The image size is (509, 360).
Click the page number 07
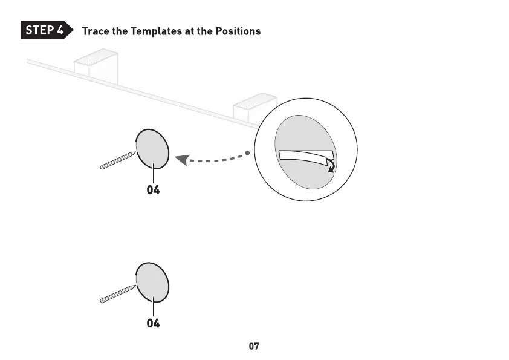254,347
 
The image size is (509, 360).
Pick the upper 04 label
154,190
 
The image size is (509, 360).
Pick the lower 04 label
154,324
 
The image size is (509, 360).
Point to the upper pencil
118,160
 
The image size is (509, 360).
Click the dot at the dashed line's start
248,152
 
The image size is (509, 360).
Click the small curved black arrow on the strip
331,165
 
